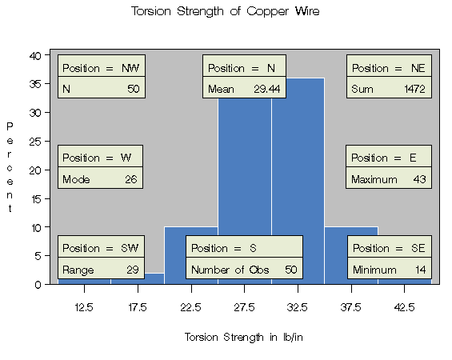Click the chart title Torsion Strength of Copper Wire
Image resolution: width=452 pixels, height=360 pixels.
click(x=225, y=11)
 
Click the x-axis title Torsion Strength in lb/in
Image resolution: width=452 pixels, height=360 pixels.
click(x=244, y=337)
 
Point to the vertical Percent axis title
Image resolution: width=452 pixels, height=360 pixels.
click(x=10, y=168)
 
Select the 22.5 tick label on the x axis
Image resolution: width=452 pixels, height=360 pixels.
click(x=190, y=307)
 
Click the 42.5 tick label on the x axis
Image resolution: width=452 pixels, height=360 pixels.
click(x=404, y=307)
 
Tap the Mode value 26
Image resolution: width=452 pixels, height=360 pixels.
click(x=130, y=179)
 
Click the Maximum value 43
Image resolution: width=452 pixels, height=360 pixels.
click(x=419, y=179)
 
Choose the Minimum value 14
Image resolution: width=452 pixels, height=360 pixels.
click(x=419, y=270)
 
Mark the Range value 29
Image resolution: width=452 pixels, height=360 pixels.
click(x=130, y=270)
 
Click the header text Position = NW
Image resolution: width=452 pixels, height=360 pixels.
click(x=100, y=68)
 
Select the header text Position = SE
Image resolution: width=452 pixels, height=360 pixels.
click(x=389, y=248)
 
